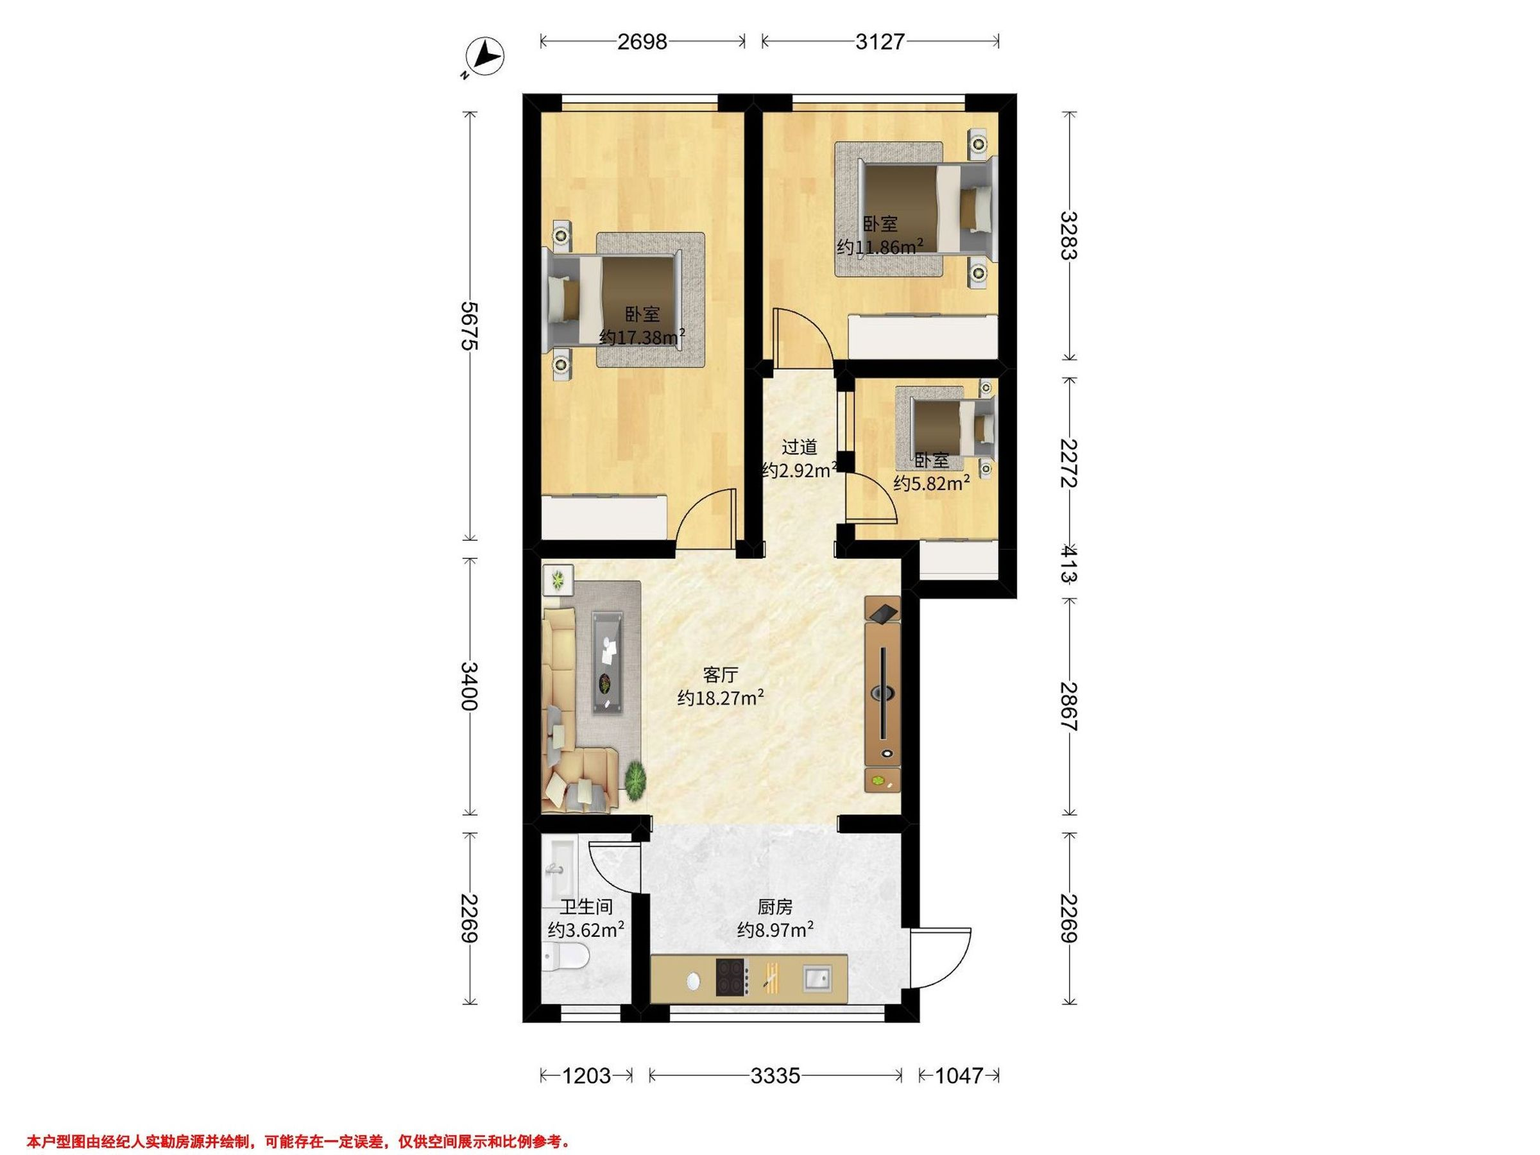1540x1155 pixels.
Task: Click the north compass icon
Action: (485, 56)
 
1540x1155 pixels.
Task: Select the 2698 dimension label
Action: (642, 42)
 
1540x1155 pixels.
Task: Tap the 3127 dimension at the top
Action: (880, 42)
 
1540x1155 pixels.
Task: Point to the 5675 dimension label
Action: (470, 326)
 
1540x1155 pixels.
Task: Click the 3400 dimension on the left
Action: (470, 686)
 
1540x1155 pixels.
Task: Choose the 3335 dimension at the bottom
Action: (775, 1075)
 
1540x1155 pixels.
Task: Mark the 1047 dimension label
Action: (959, 1075)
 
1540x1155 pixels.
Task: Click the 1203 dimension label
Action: (586, 1075)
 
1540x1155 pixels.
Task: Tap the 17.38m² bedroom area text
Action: (642, 338)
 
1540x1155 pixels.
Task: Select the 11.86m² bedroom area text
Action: (880, 247)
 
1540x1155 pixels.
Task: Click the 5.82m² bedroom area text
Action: (932, 483)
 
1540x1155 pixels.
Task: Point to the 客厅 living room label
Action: (721, 674)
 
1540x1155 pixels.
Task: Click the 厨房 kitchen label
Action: (775, 907)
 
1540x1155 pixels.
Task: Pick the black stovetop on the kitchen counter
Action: (731, 976)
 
